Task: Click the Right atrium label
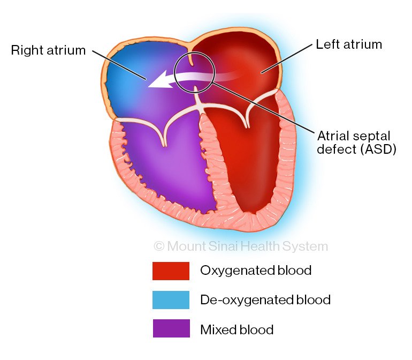pos(49,51)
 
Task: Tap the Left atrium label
pos(349,44)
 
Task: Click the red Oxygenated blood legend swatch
pos(171,271)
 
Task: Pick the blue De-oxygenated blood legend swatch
pos(171,300)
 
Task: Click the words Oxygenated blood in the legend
pos(256,271)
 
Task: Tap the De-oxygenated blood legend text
pos(265,300)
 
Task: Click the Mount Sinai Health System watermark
pos(241,246)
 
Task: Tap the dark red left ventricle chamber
pos(246,161)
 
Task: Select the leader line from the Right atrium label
pos(118,65)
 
